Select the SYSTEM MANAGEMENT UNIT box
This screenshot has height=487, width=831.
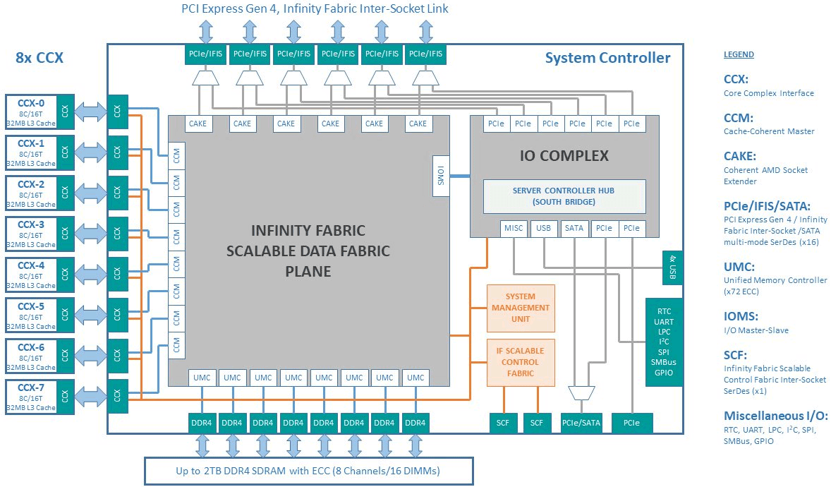point(521,308)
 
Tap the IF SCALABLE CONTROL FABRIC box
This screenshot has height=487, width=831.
point(521,362)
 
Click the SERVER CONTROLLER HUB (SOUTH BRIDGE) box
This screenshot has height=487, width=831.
point(564,196)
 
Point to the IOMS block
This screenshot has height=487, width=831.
point(441,174)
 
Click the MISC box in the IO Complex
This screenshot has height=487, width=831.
point(514,228)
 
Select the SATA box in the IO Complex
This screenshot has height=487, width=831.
point(574,228)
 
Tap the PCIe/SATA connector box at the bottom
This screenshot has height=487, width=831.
point(582,423)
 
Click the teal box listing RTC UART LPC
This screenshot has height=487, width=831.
point(664,342)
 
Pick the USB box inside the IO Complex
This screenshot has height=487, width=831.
point(543,228)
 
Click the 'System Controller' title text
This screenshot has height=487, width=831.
point(607,58)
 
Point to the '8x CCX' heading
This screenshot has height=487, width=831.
point(40,58)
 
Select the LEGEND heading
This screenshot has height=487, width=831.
point(739,54)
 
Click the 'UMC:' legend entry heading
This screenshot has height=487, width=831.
point(739,267)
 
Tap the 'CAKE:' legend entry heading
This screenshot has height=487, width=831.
point(740,156)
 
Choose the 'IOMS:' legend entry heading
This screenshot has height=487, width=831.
point(741,317)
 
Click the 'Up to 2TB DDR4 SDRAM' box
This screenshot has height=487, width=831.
point(308,470)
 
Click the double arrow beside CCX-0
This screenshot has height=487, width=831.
point(91,112)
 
